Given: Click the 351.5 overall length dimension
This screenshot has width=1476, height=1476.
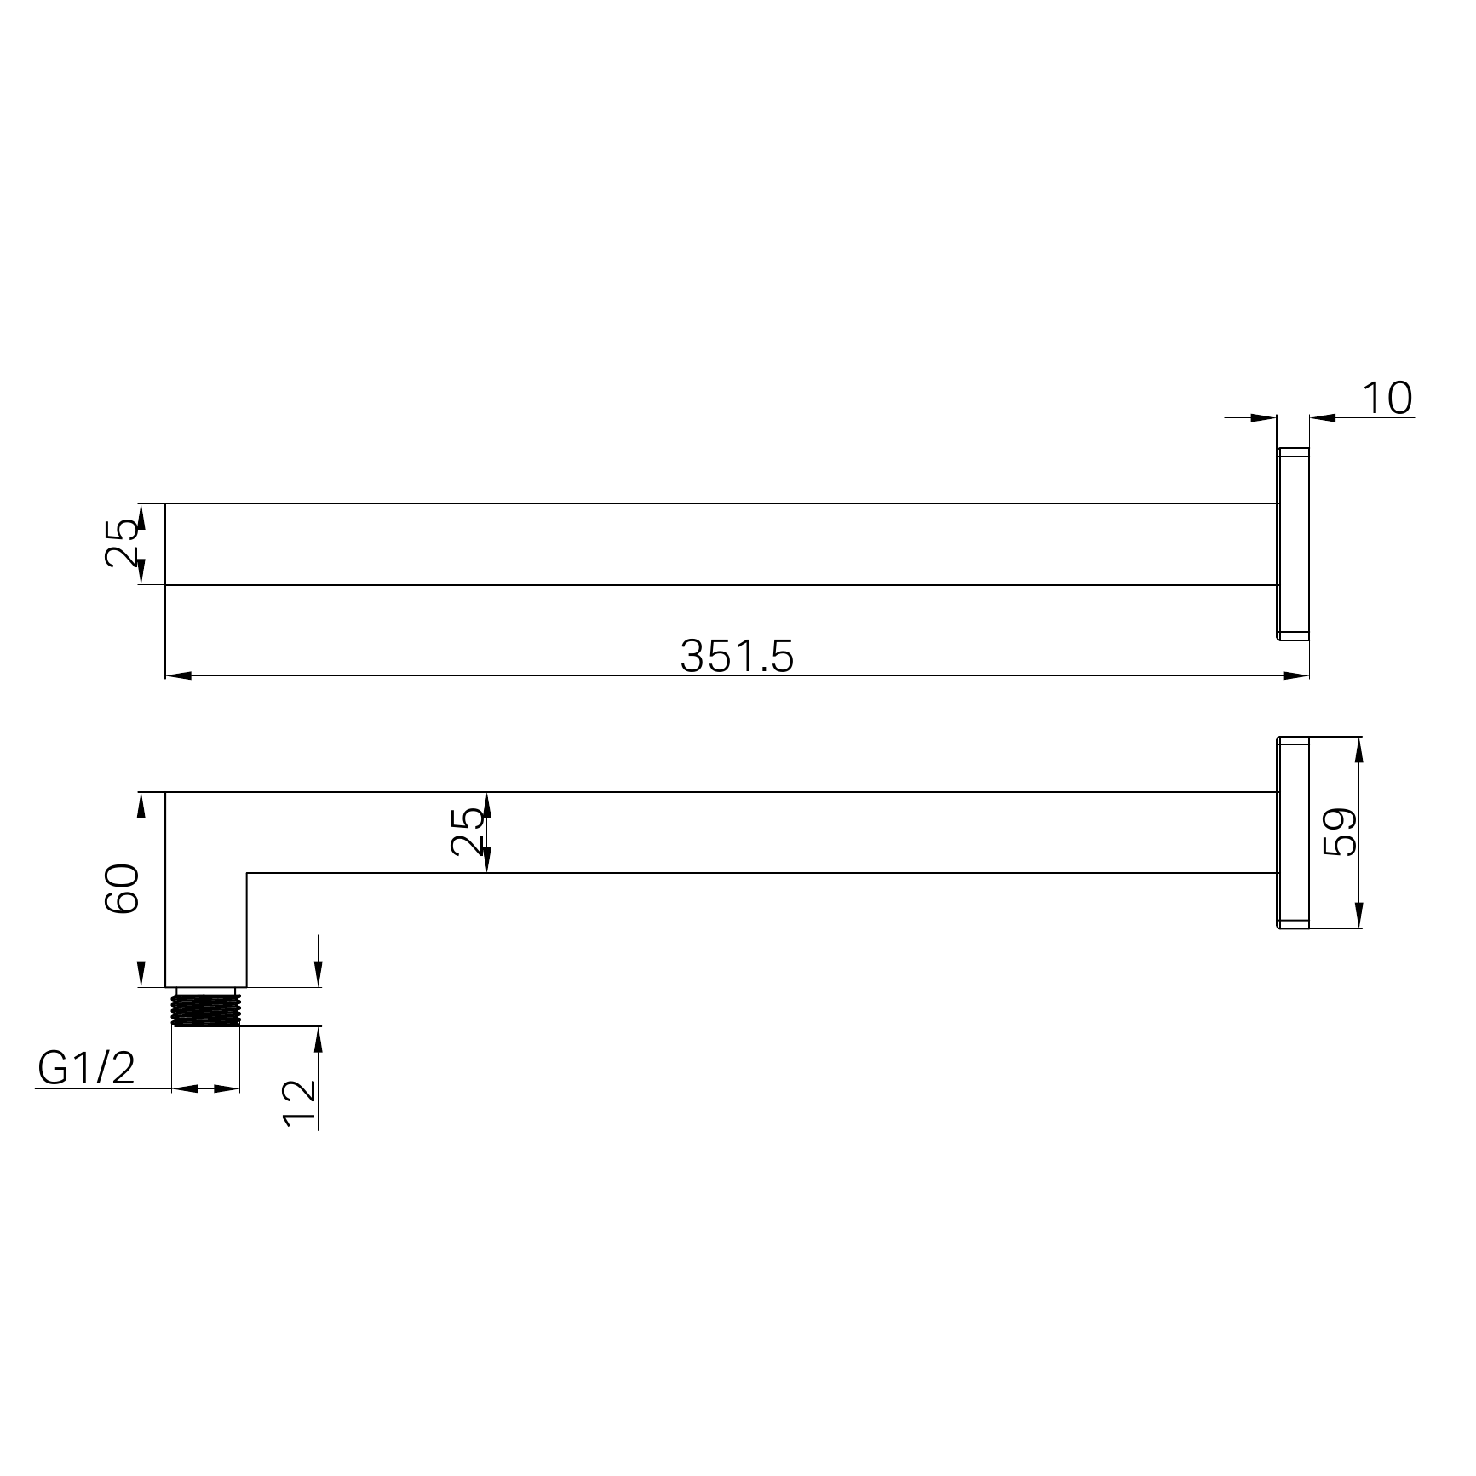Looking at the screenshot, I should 737,657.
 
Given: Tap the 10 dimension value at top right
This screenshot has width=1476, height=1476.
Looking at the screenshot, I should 1387,399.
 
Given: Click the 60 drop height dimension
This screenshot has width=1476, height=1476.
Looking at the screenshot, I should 122,888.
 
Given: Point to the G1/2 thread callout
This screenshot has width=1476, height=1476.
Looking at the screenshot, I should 87,1068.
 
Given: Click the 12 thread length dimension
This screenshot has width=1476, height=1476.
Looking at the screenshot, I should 299,1104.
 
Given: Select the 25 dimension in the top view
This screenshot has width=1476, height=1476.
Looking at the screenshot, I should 122,543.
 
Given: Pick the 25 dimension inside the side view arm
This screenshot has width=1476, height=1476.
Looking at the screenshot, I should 467,832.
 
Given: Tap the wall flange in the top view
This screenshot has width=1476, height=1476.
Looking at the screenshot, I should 1293,543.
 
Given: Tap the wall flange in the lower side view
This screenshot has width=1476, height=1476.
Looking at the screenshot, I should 1293,832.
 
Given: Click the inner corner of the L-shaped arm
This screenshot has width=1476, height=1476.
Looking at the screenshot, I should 247,873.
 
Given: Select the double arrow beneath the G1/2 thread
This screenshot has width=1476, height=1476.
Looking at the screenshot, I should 205,1088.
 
